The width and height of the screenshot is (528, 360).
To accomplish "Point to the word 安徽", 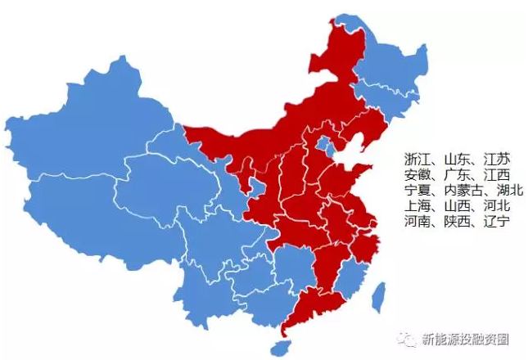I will [x=416, y=175].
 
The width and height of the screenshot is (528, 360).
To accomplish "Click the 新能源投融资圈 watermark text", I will [x=466, y=337].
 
